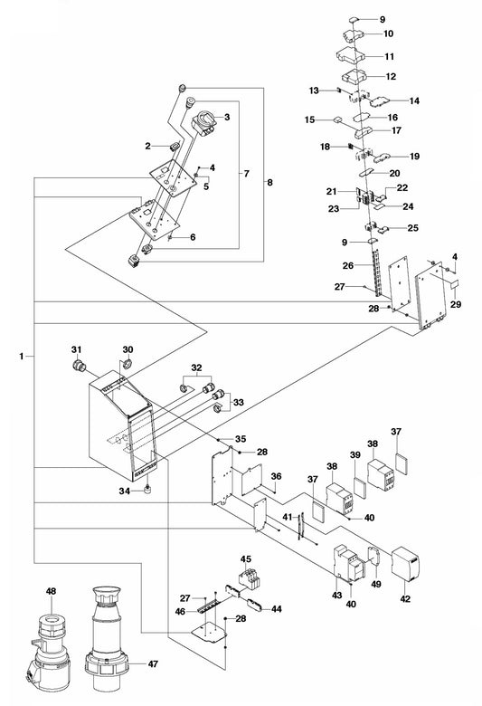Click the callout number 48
(52, 591)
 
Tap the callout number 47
(153, 663)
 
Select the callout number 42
(405, 599)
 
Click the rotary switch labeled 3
(204, 122)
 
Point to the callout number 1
(21, 356)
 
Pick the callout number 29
(456, 304)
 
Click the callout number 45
(245, 559)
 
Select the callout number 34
(124, 491)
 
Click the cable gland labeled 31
(80, 365)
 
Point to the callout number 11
(389, 56)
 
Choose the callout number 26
(348, 265)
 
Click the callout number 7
(246, 174)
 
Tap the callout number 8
(269, 182)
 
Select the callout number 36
(276, 476)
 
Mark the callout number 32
(196, 367)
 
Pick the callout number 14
(414, 100)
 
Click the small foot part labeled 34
(146, 490)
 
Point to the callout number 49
(376, 584)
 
